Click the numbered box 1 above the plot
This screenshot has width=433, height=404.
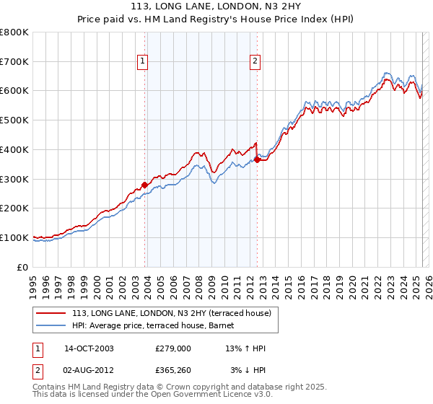(x=143, y=62)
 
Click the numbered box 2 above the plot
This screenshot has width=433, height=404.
(x=255, y=62)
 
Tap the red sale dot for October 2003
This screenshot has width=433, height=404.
(x=145, y=185)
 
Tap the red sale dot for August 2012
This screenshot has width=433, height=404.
(x=257, y=159)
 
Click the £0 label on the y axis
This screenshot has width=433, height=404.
(x=23, y=267)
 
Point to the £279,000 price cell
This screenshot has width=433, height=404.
(x=172, y=348)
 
